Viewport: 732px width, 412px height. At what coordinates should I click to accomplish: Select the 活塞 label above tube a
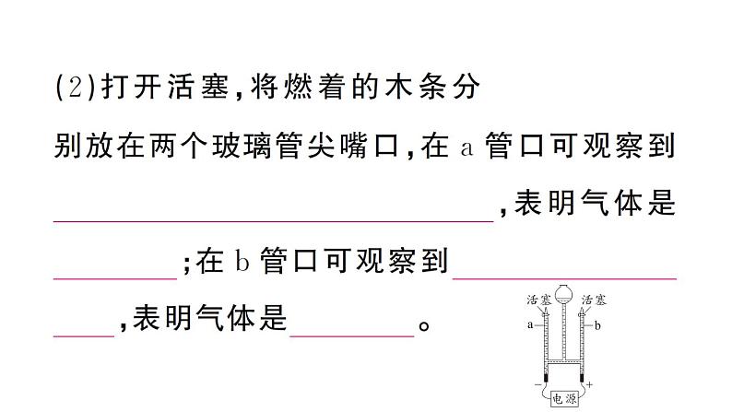tap(538, 300)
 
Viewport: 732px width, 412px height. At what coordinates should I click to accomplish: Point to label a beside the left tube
tap(530, 324)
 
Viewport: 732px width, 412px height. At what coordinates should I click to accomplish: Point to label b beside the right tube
tap(597, 324)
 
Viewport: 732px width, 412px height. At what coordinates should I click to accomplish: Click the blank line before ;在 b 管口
tap(115, 275)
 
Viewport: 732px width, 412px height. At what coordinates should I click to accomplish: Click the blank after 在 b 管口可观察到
tap(565, 275)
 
